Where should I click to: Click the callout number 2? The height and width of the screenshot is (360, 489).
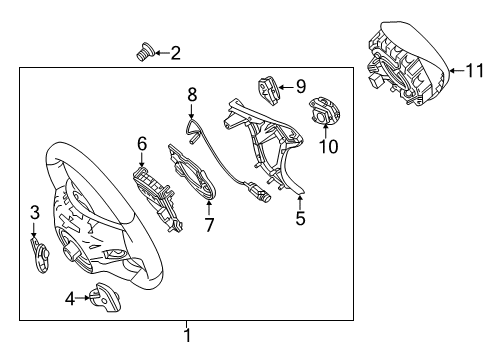pyautogui.click(x=176, y=53)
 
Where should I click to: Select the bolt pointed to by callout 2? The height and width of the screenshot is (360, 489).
pyautogui.click(x=145, y=52)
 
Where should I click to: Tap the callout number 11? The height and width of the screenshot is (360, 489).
pyautogui.click(x=474, y=70)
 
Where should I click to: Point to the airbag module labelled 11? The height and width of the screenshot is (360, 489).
pyautogui.click(x=409, y=63)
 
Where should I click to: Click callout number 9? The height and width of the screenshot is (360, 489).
pyautogui.click(x=301, y=87)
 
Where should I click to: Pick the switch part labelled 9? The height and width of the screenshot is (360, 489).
pyautogui.click(x=268, y=90)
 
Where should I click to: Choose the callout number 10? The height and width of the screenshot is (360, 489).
pyautogui.click(x=329, y=146)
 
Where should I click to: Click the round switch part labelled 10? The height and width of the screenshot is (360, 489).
pyautogui.click(x=325, y=110)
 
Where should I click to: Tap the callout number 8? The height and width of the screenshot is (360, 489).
pyautogui.click(x=192, y=94)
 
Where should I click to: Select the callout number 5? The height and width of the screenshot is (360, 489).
pyautogui.click(x=300, y=218)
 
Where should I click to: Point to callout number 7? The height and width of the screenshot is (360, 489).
pyautogui.click(x=209, y=225)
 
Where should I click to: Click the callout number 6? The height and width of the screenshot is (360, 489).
pyautogui.click(x=142, y=144)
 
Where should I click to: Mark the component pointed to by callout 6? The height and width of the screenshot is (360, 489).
pyautogui.click(x=157, y=198)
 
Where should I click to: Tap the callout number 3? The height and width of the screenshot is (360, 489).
pyautogui.click(x=35, y=212)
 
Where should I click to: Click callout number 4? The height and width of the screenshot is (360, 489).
pyautogui.click(x=70, y=299)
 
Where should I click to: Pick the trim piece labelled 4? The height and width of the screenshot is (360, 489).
pyautogui.click(x=104, y=297)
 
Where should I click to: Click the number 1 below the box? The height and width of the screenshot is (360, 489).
pyautogui.click(x=187, y=335)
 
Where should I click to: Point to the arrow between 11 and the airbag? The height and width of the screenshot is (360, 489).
pyautogui.click(x=457, y=70)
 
